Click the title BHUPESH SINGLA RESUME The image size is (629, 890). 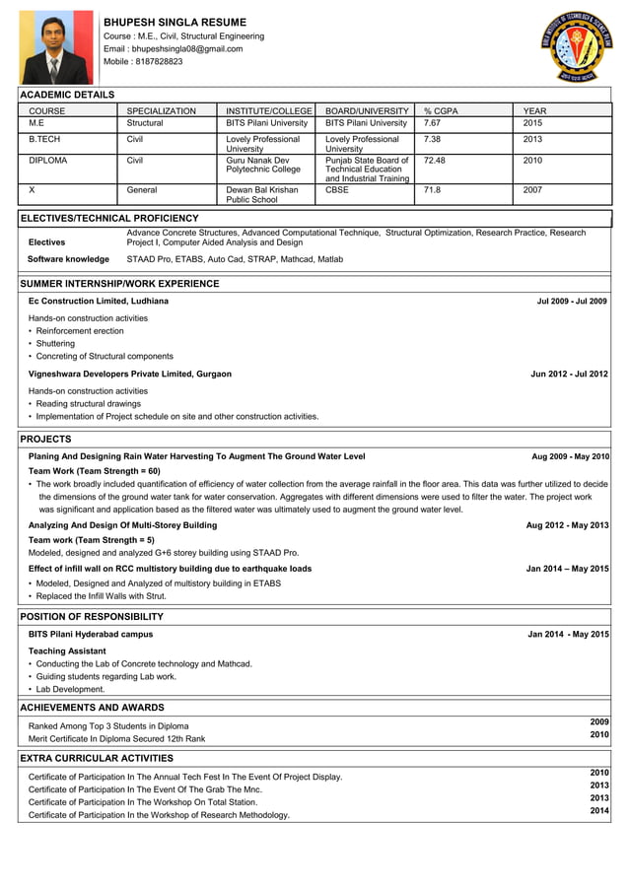(x=175, y=22)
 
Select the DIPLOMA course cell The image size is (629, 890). (x=48, y=160)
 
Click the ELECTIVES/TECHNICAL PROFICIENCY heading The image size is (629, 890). (x=109, y=218)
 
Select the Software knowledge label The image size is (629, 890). (x=68, y=259)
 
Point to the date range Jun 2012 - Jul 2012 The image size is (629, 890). (x=569, y=374)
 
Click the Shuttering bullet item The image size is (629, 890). (x=55, y=343)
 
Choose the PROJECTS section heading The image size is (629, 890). (x=45, y=439)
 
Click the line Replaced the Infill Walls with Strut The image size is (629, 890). (x=101, y=595)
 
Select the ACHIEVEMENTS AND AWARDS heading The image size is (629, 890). (x=92, y=708)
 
